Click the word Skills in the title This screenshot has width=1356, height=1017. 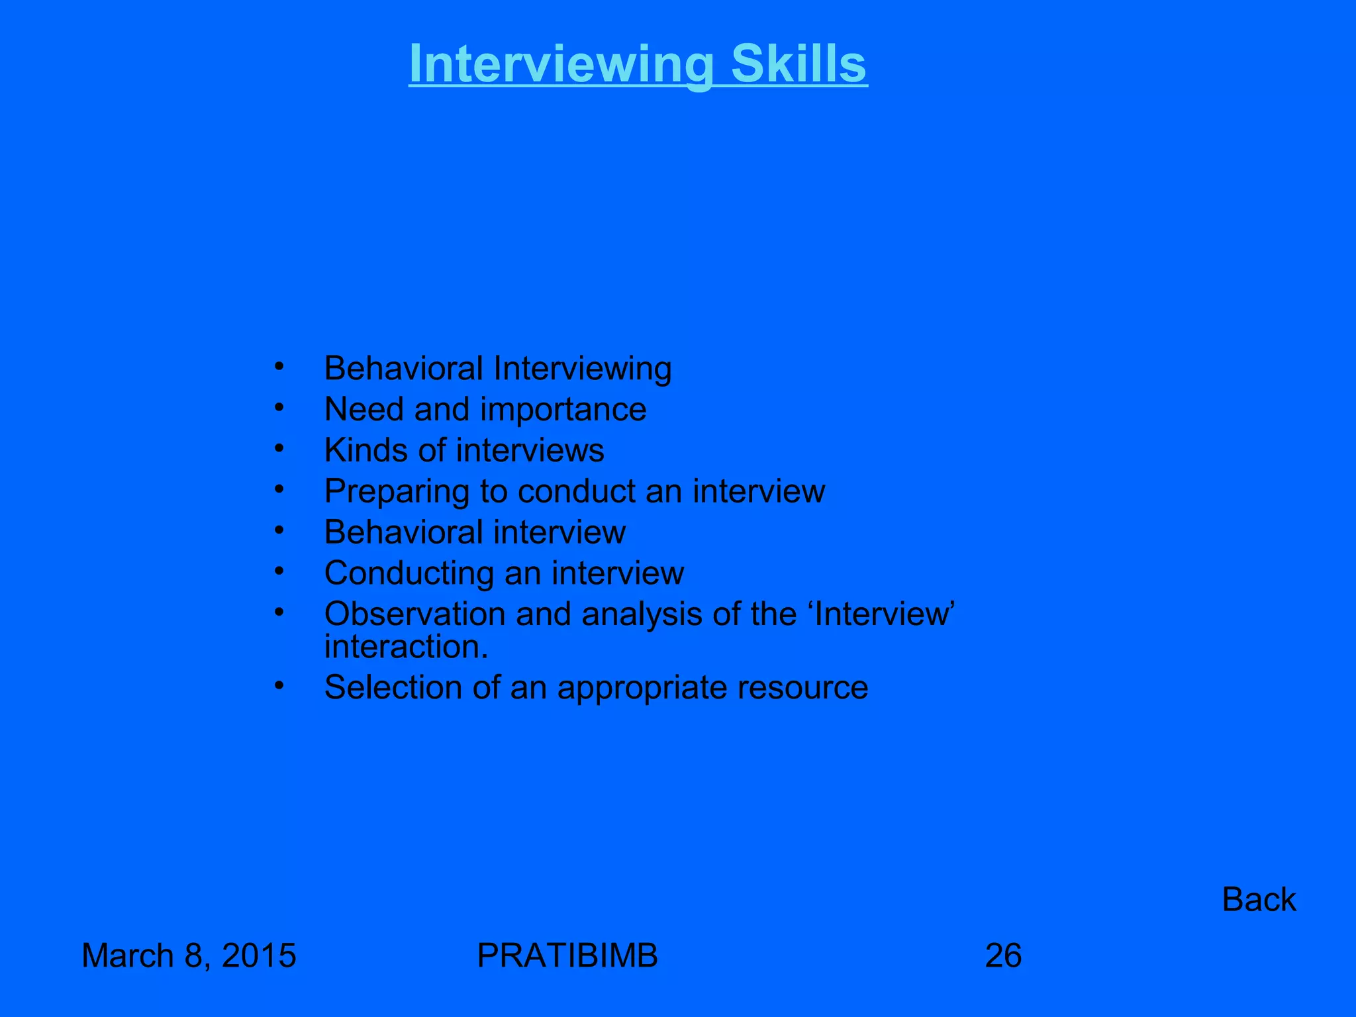pyautogui.click(x=799, y=64)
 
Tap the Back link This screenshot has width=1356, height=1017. pyautogui.click(x=1259, y=899)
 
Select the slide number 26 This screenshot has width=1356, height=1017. pyautogui.click(x=1003, y=955)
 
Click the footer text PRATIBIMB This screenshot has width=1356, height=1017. pyautogui.click(x=567, y=955)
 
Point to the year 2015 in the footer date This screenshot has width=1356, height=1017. pyautogui.click(x=259, y=955)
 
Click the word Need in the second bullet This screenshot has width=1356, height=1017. pyautogui.click(x=363, y=409)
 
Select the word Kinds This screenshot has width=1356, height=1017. pyautogui.click(x=365, y=450)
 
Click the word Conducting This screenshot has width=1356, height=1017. pyautogui.click(x=409, y=573)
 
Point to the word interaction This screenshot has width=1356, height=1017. pyautogui.click(x=406, y=647)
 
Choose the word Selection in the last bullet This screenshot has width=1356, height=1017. pyautogui.click(x=393, y=687)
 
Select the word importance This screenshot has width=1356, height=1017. pyautogui.click(x=563, y=409)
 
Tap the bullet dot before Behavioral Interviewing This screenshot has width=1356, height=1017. pyautogui.click(x=279, y=365)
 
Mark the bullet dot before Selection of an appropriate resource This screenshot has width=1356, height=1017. pyautogui.click(x=279, y=685)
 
